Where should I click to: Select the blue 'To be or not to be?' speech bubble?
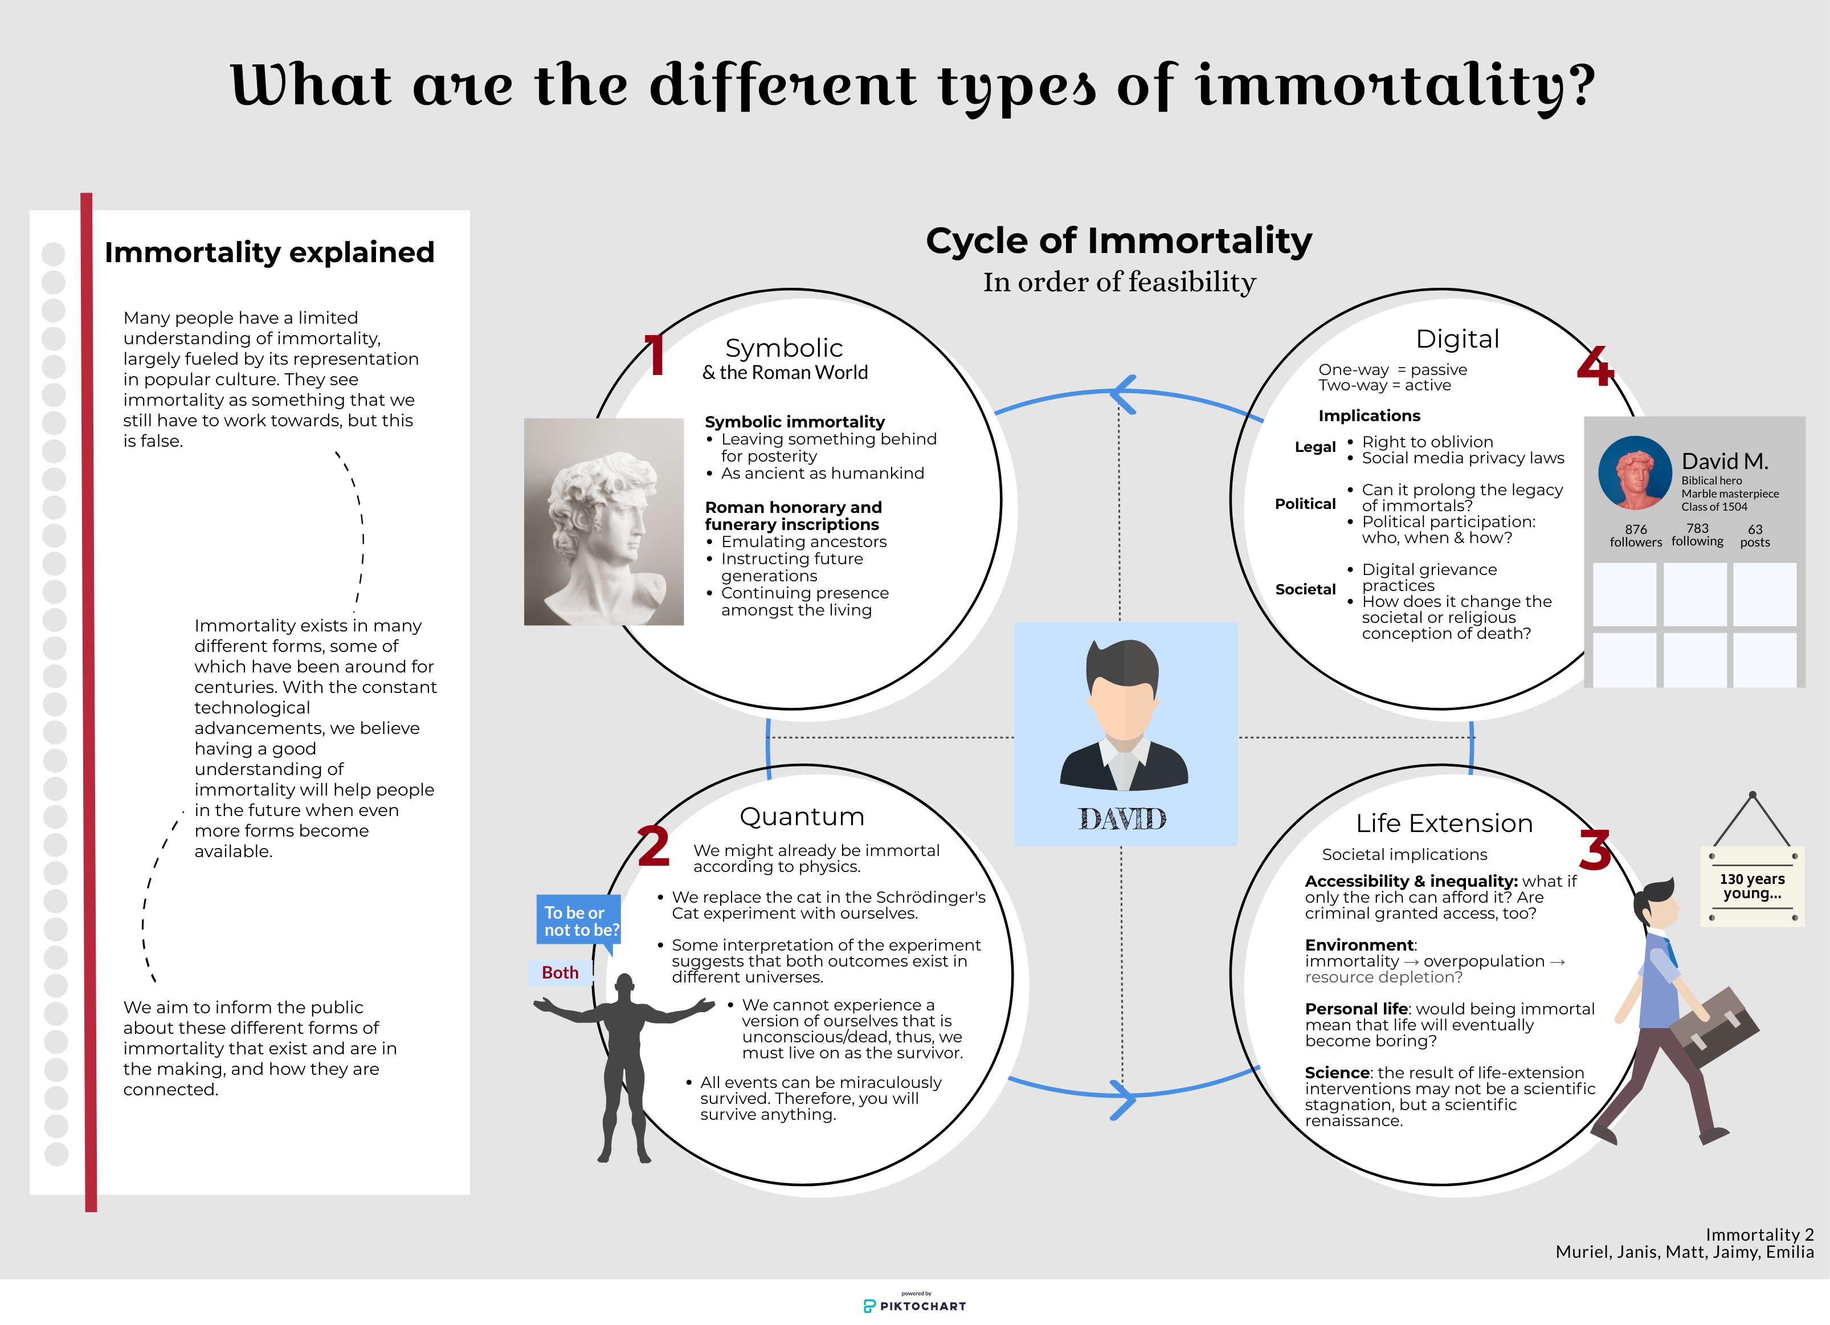pyautogui.click(x=578, y=920)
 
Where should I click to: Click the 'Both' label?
pyautogui.click(x=560, y=972)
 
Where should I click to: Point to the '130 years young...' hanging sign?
pyautogui.click(x=1752, y=886)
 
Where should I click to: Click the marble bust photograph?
pyautogui.click(x=603, y=521)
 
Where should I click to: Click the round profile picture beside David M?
pyautogui.click(x=1635, y=473)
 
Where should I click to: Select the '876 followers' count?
pyautogui.click(x=1636, y=535)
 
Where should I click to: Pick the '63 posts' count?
pyautogui.click(x=1755, y=535)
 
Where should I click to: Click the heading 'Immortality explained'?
pyautogui.click(x=269, y=252)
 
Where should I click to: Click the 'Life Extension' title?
pyautogui.click(x=1444, y=823)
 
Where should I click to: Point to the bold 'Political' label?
pyautogui.click(x=1305, y=504)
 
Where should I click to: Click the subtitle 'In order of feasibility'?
pyautogui.click(x=1118, y=282)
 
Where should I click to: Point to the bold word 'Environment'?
pyautogui.click(x=1359, y=945)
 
